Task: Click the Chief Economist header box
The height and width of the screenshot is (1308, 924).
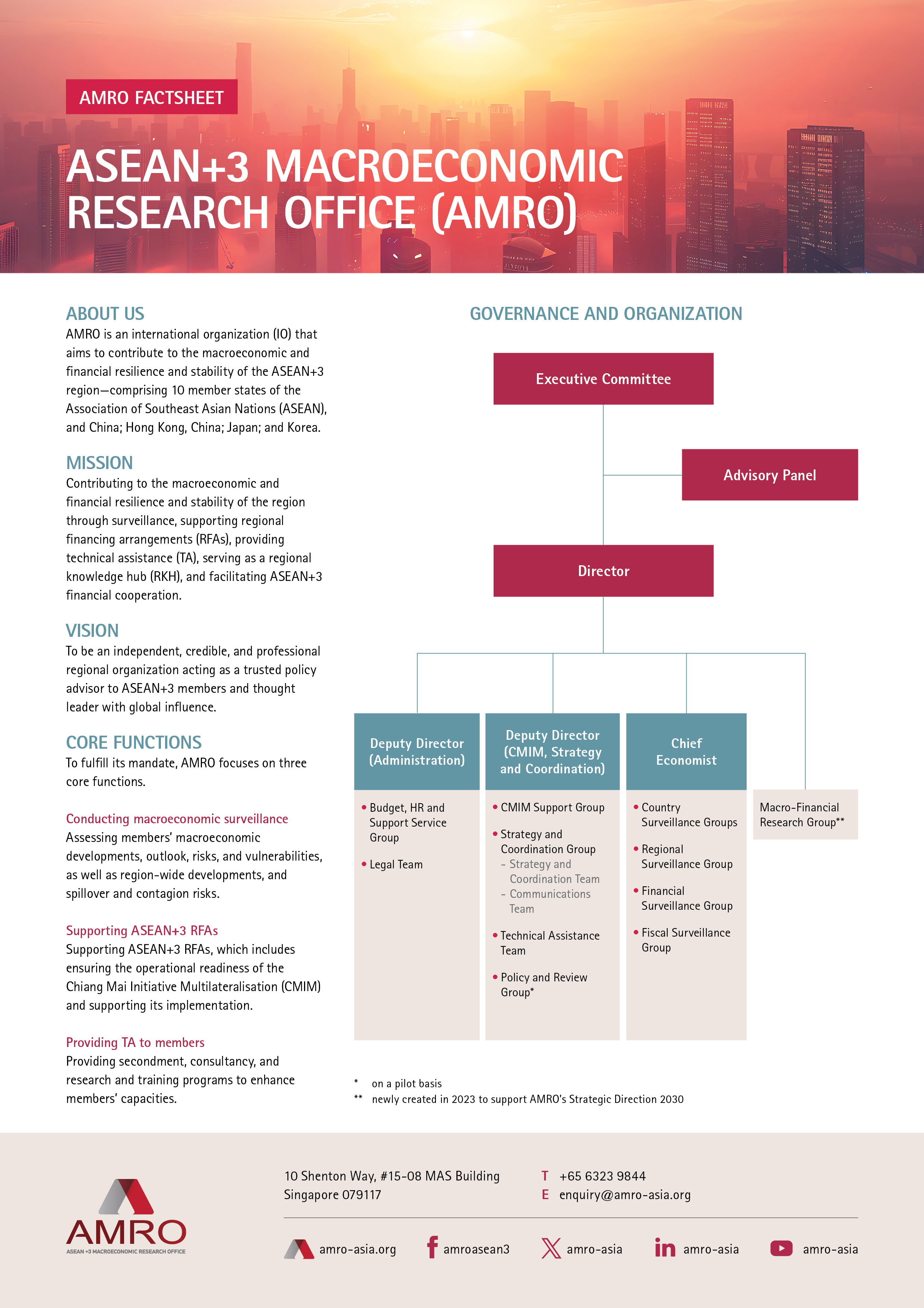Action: click(686, 751)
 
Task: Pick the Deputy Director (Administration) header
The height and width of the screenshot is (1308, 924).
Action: click(417, 751)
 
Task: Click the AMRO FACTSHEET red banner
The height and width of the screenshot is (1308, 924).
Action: click(151, 97)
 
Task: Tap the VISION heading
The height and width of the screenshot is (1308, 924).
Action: click(92, 631)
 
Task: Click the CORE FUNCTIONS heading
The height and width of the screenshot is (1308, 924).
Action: click(134, 742)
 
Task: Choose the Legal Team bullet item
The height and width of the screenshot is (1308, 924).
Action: click(396, 864)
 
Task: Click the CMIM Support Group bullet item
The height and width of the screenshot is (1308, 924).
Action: click(552, 807)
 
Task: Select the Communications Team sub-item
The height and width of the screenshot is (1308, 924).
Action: click(550, 901)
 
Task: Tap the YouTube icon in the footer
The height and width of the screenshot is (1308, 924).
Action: click(781, 1248)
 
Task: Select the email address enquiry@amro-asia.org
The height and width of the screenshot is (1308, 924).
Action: click(624, 1195)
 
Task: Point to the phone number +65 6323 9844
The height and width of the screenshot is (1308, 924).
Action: click(602, 1176)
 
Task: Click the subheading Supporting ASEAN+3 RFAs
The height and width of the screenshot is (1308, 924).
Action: click(142, 930)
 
